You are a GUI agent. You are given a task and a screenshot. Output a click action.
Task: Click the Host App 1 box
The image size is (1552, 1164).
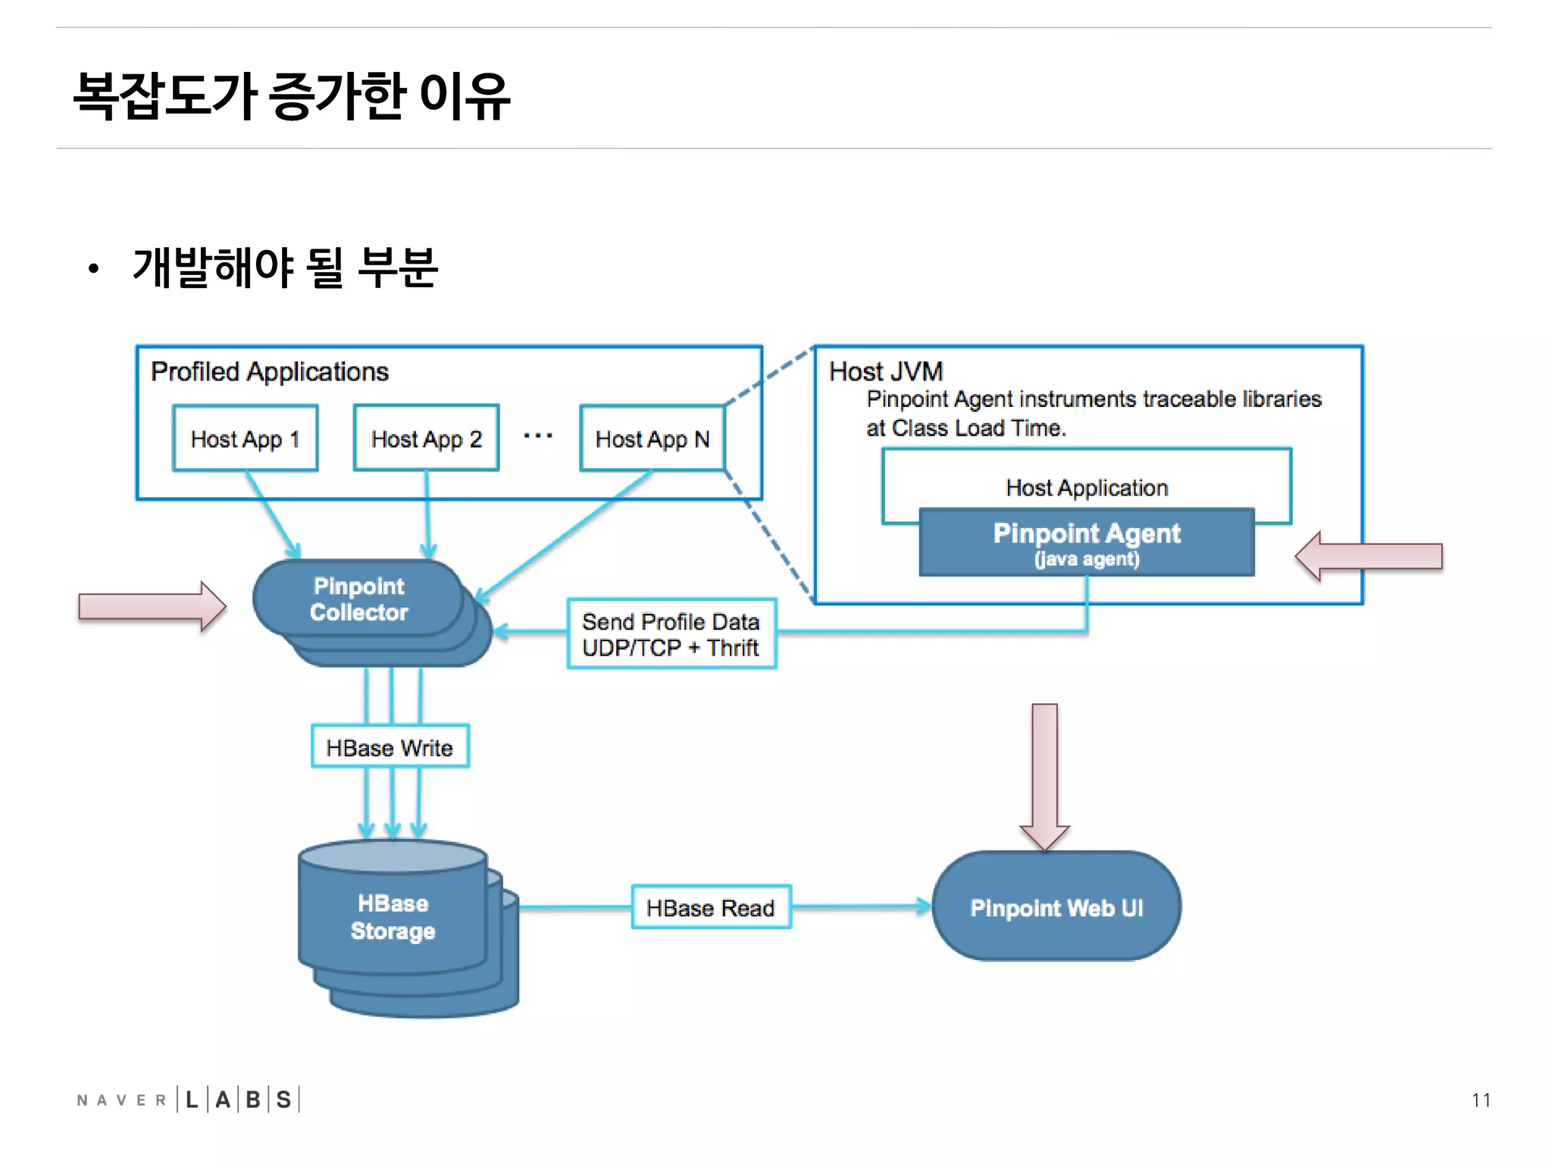(245, 438)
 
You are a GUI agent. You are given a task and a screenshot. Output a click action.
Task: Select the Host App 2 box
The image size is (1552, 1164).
(426, 438)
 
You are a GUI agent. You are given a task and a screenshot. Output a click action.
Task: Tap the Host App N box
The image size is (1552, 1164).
(652, 438)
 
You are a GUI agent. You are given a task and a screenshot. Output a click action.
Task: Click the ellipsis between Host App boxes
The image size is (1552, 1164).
(538, 436)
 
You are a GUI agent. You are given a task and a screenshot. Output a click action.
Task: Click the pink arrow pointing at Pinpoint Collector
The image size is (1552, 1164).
(152, 606)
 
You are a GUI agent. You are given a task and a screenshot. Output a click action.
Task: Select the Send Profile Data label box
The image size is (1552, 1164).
(671, 634)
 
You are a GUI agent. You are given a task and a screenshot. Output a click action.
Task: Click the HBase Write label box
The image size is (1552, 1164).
(390, 747)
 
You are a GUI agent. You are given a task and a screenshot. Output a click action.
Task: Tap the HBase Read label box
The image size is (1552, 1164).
(710, 907)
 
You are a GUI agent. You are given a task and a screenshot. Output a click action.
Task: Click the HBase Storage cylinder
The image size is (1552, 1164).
(393, 917)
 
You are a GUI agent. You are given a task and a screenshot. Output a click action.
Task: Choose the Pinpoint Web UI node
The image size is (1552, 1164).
(1056, 907)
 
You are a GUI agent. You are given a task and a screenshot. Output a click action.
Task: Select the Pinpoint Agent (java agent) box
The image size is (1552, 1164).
(1086, 543)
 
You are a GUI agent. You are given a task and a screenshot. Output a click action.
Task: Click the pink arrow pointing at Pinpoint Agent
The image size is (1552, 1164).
(1369, 556)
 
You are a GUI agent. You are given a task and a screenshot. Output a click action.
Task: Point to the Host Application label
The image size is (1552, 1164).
(1086, 487)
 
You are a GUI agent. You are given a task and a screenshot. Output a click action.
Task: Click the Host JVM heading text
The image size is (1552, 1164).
(885, 371)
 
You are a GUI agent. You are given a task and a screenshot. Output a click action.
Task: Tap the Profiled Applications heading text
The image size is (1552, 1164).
(269, 371)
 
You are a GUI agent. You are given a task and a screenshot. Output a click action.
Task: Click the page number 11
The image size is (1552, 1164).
(1481, 1100)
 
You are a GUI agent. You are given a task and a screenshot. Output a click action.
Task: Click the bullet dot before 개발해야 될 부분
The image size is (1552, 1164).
(93, 268)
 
